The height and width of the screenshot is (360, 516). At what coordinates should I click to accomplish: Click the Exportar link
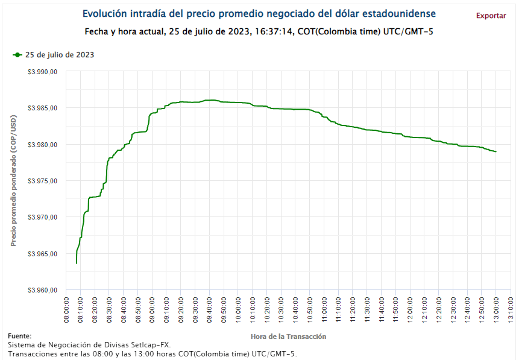coord(491,16)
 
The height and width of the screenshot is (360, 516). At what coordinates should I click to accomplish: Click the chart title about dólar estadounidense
coord(259,13)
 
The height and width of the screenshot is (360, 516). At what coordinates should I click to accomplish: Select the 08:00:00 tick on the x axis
coord(66,310)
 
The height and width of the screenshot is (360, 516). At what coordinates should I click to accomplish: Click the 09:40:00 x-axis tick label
coord(209,310)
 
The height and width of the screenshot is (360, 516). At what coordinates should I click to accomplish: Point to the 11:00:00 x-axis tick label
coord(324,310)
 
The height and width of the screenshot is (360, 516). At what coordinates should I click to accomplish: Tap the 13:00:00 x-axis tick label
coord(496,310)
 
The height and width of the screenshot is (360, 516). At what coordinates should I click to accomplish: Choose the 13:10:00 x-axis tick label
coord(511,310)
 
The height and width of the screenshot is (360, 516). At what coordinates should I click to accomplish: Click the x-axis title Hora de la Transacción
coord(288,336)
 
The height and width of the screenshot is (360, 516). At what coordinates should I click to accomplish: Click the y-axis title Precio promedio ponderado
coord(13,181)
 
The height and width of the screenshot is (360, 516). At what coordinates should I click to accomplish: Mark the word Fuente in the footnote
coord(19,336)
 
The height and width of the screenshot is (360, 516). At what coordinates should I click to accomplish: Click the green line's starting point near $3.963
coord(77,263)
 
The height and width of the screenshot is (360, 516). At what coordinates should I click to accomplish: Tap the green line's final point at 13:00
coord(496,151)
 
